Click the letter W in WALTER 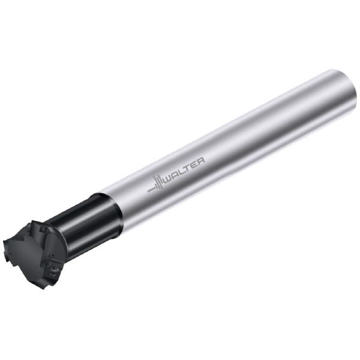[169, 178]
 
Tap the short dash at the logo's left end [151, 190]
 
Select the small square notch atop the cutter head [42, 229]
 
